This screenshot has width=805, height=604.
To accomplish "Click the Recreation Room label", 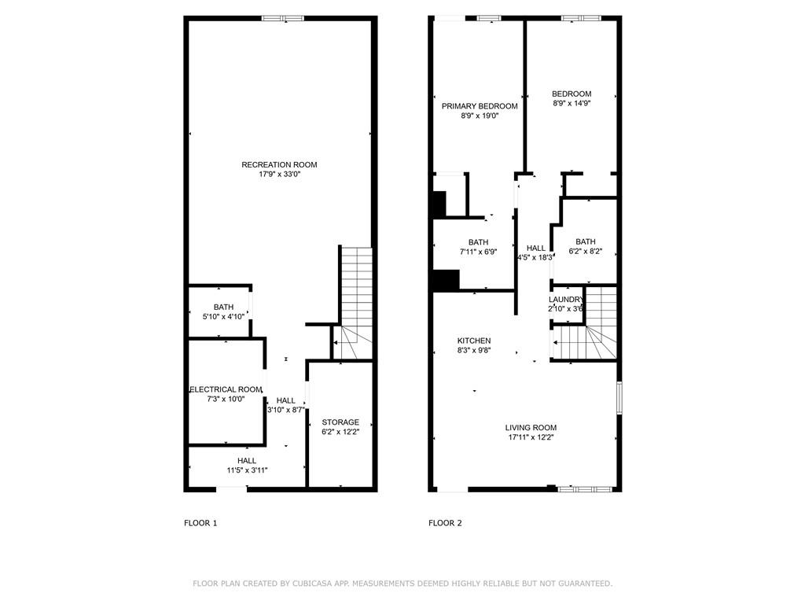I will tap(279, 164).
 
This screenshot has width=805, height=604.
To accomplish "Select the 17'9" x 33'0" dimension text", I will tap(279, 175).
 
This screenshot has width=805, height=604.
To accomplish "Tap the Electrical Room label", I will tap(226, 389).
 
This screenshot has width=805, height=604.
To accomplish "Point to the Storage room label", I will tap(340, 422).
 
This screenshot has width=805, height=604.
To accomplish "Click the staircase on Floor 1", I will tap(354, 303).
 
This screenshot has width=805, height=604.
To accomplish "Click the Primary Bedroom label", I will tap(480, 106).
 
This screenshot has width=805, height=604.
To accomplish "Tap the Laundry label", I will tap(566, 300).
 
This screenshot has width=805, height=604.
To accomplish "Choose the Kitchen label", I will tap(474, 341).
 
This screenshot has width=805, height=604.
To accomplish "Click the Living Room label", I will tap(531, 428).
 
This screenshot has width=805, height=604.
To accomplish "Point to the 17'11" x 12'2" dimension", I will tap(531, 437).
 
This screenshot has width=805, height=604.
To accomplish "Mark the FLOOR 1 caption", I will tap(200, 523).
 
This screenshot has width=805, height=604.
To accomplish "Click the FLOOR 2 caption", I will tap(445, 523).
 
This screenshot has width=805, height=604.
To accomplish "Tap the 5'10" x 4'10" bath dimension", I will tap(223, 317).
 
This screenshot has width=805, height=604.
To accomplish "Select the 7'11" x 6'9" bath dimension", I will tap(478, 252).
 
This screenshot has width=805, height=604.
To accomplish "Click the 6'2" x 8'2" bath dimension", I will tap(585, 252).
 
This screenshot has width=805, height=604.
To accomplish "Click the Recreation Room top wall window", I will tap(283, 18).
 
